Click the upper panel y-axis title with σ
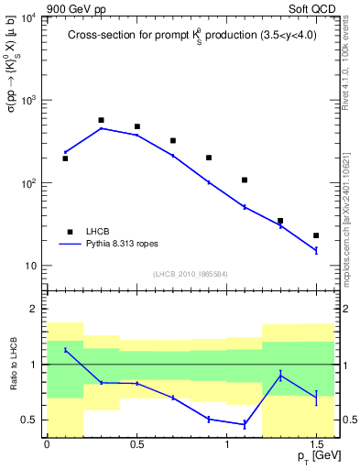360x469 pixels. click(12, 95)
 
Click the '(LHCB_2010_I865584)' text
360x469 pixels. click(191, 274)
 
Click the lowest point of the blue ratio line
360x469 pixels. click(245, 424)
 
